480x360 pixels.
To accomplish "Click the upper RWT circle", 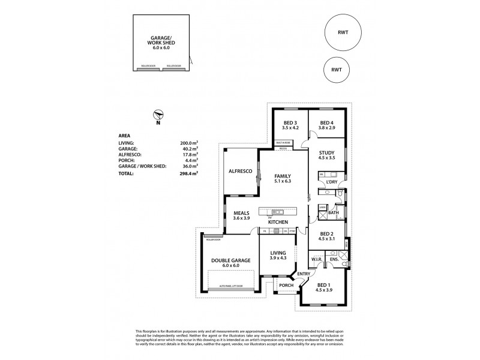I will (x=343, y=33).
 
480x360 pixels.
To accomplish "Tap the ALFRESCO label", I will (x=240, y=172).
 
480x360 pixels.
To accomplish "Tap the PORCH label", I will (x=285, y=285).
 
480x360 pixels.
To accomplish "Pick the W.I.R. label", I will (x=317, y=259).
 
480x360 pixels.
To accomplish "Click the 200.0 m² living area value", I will (x=189, y=143).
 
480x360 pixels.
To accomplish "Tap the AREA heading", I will (x=126, y=136).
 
